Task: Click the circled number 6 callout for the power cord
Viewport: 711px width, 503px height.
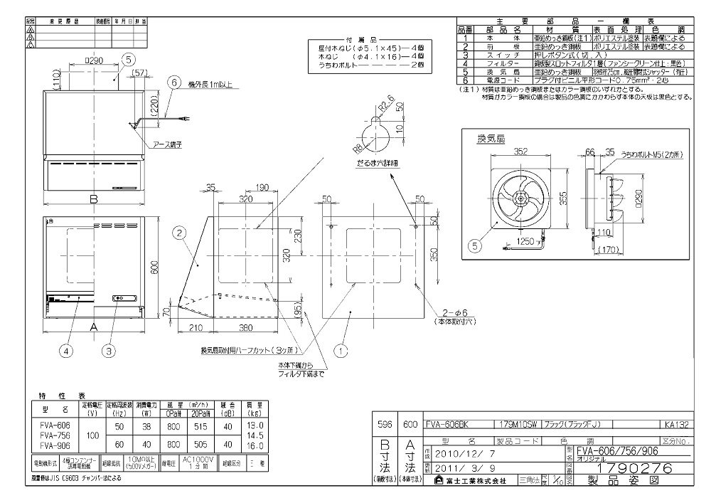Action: (x=171, y=83)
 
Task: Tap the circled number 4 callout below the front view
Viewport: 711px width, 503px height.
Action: (x=66, y=349)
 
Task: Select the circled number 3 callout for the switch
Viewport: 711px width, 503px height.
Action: (x=108, y=349)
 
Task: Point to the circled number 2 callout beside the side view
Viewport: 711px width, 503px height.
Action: (x=180, y=232)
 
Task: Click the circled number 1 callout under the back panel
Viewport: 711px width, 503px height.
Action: (x=341, y=350)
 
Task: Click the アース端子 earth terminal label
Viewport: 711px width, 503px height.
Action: (x=168, y=144)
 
